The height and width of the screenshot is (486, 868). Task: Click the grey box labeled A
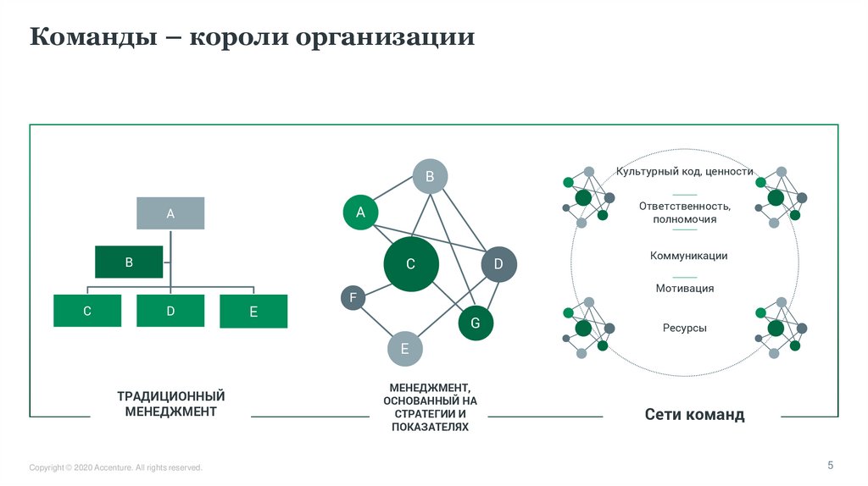170,213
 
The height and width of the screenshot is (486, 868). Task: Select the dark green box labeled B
129,262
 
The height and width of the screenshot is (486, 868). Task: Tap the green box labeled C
86,311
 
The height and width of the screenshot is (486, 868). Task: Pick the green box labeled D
170,311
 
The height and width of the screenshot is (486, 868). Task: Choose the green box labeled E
253,312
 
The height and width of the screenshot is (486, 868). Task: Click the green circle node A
360,213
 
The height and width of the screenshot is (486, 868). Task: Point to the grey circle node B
430,177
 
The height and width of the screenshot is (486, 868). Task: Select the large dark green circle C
410,264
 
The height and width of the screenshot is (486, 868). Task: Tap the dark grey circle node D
498,264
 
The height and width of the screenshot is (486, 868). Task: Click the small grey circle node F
353,297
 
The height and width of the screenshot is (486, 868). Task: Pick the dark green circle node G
476,323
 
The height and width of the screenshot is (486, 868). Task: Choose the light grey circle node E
405,348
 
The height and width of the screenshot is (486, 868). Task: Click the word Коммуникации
688,256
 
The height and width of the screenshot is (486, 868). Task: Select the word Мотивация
685,289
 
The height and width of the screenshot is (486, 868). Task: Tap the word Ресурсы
685,328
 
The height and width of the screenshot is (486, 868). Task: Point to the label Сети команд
694,415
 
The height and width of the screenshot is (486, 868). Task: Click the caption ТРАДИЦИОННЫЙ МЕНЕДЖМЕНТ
171,404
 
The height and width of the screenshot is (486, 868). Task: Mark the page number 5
831,465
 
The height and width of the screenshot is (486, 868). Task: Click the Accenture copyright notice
116,467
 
